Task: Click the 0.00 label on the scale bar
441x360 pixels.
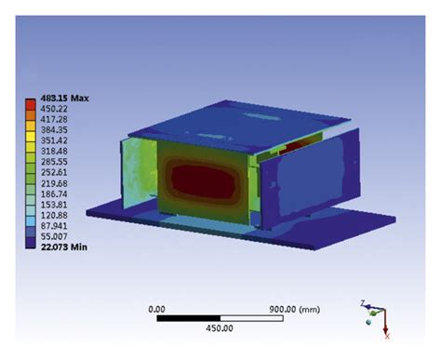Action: pyautogui.click(x=156, y=308)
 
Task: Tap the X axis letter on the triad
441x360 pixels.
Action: pyautogui.click(x=386, y=335)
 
